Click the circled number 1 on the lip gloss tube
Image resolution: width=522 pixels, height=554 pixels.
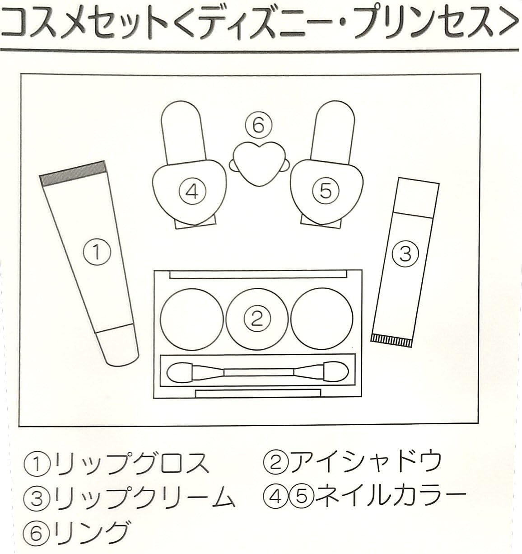(97, 252)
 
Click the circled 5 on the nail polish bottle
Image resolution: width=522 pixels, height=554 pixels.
(326, 191)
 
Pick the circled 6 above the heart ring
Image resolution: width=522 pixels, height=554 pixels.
(258, 126)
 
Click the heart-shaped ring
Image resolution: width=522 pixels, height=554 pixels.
(258, 164)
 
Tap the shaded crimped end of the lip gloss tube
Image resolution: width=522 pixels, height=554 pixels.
(73, 174)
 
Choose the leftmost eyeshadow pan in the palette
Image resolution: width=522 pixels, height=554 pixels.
(192, 319)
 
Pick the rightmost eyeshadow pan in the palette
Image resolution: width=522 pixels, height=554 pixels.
(322, 319)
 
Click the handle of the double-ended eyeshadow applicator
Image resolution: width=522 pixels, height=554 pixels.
(258, 372)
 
